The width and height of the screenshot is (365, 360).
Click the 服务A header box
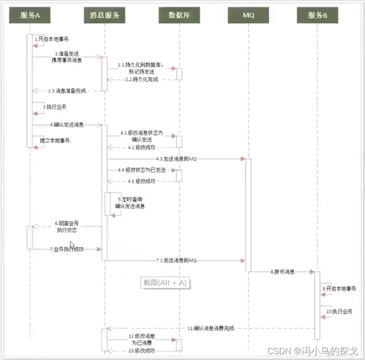click(x=30, y=15)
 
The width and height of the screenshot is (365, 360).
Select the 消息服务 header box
click(x=105, y=15)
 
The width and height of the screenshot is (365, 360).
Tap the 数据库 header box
click(x=178, y=15)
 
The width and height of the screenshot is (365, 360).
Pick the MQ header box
click(x=249, y=15)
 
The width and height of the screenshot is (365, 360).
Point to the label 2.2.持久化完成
click(x=142, y=80)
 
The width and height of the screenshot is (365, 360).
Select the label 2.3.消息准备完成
click(x=66, y=91)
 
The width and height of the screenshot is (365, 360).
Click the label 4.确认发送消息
click(x=67, y=125)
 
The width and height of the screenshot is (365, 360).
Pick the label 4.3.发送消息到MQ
click(x=176, y=159)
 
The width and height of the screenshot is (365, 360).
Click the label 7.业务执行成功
click(x=67, y=249)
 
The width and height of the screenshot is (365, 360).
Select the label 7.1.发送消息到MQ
click(x=176, y=261)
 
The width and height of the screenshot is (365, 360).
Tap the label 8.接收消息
click(x=283, y=272)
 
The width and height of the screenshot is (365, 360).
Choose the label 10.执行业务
click(x=339, y=312)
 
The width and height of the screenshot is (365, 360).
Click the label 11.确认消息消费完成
click(x=211, y=328)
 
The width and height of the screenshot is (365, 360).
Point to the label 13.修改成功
click(x=142, y=351)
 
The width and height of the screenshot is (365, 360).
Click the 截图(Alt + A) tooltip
click(x=165, y=283)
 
